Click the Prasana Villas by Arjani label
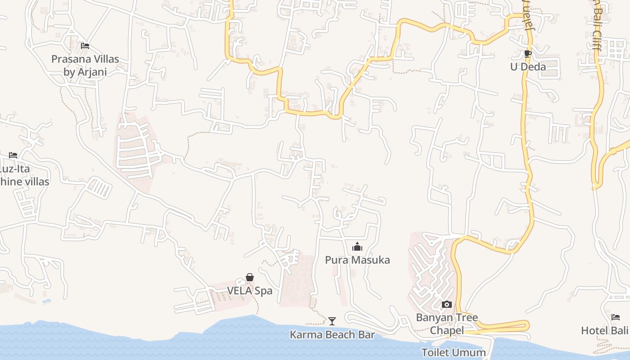click(85, 65)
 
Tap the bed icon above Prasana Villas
click(85, 46)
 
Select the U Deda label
click(528, 67)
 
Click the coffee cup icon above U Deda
click(528, 54)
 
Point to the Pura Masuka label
click(357, 260)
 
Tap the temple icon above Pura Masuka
click(357, 247)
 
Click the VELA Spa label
click(250, 291)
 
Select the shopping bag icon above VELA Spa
click(250, 277)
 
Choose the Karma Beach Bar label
click(332, 335)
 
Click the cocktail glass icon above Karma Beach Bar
click(332, 321)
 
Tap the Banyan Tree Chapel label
click(446, 324)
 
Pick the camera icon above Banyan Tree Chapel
click(446, 305)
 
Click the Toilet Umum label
click(454, 352)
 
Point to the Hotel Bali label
click(604, 331)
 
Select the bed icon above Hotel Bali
click(616, 317)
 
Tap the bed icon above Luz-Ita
click(13, 155)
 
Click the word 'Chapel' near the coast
click(446, 331)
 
